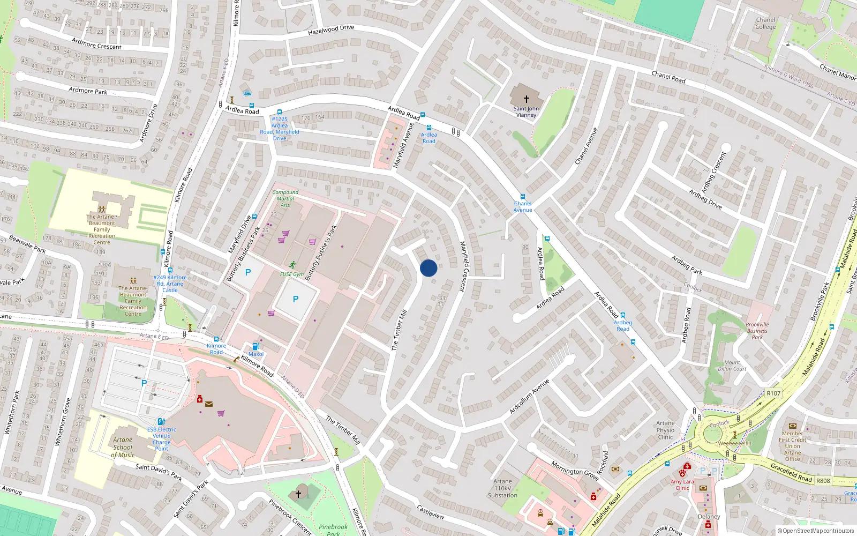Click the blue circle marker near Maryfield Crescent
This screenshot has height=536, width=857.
(428, 268)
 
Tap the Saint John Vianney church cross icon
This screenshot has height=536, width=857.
(526, 99)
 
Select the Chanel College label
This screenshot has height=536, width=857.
(765, 23)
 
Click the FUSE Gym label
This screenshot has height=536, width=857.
(291, 274)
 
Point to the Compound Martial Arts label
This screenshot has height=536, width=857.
(285, 198)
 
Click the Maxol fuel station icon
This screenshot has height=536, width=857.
(256, 346)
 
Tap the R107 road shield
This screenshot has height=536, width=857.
(773, 393)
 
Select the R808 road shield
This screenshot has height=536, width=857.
(823, 480)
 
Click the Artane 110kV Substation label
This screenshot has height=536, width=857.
(502, 488)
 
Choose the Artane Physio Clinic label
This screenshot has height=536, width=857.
(665, 430)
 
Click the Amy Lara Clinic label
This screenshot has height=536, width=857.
(682, 485)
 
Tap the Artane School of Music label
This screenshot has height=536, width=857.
(123, 447)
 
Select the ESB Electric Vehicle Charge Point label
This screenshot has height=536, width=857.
(161, 438)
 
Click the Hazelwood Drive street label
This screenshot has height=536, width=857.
(331, 29)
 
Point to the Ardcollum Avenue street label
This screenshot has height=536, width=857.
(529, 397)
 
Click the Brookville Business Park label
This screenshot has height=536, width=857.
(757, 331)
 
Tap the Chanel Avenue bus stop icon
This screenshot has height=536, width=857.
(523, 197)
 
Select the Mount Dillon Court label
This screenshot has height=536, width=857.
(732, 366)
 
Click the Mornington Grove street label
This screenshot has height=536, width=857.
(575, 471)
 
